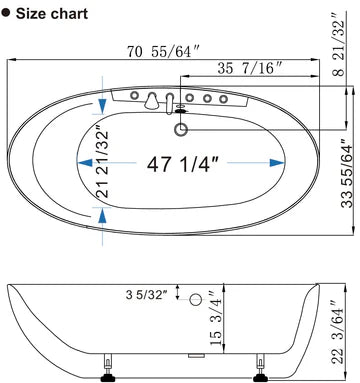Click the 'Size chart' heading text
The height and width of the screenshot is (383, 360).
pyautogui.click(x=52, y=14)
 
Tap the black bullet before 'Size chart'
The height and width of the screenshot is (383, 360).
pyautogui.click(x=6, y=13)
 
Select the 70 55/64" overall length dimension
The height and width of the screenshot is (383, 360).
pyautogui.click(x=163, y=52)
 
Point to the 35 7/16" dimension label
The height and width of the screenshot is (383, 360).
pyautogui.click(x=250, y=68)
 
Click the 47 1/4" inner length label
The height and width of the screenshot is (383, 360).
pyautogui.click(x=182, y=164)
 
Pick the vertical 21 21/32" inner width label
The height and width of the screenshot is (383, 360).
pyautogui.click(x=102, y=162)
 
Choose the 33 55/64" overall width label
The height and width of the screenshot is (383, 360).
pyautogui.click(x=347, y=173)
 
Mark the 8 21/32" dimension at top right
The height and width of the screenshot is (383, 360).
pyautogui.click(x=339, y=44)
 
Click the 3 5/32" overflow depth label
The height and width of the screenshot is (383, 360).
pyautogui.click(x=145, y=294)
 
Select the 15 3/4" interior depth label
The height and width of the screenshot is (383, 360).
pyautogui.click(x=216, y=317)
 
